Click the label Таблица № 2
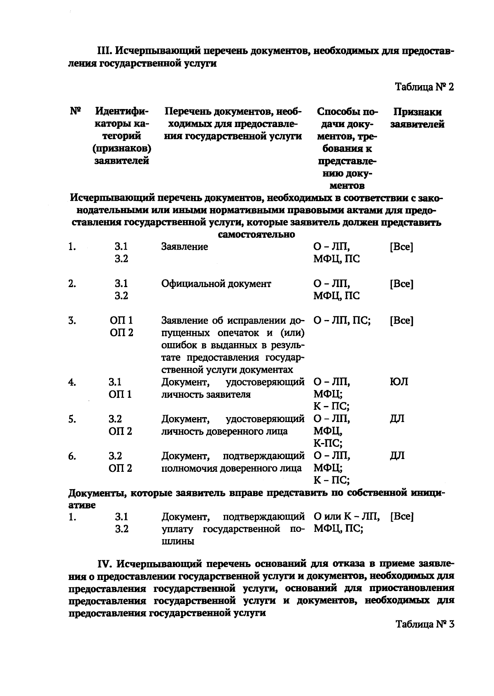pyautogui.click(x=424, y=87)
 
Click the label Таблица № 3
pyautogui.click(x=424, y=624)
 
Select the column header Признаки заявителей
pyautogui.click(x=417, y=118)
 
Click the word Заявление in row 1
pyautogui.click(x=184, y=247)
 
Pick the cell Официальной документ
pyautogui.click(x=216, y=284)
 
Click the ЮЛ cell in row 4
pyautogui.click(x=398, y=382)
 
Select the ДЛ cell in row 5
pyautogui.click(x=397, y=419)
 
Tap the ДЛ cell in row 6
pyautogui.click(x=397, y=456)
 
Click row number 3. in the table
pyautogui.click(x=72, y=321)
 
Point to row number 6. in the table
pyautogui.click(x=72, y=456)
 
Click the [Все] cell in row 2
pyautogui.click(x=401, y=284)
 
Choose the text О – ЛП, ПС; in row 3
pyautogui.click(x=342, y=321)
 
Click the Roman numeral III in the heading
pyautogui.click(x=104, y=51)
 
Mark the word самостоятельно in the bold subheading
pyautogui.click(x=256, y=234)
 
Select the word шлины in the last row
pyautogui.click(x=178, y=541)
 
